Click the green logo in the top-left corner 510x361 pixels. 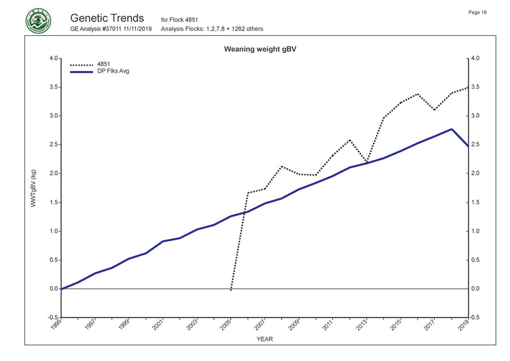click(x=38, y=21)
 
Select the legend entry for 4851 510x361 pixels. click(x=104, y=64)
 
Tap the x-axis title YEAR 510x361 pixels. click(x=265, y=339)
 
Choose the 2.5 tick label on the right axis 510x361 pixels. click(x=476, y=145)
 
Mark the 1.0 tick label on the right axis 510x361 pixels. click(x=476, y=232)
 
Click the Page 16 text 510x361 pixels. click(x=478, y=12)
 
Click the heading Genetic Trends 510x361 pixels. click(x=108, y=18)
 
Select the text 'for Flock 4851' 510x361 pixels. click(x=180, y=20)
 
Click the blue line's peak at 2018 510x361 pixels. click(x=451, y=129)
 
